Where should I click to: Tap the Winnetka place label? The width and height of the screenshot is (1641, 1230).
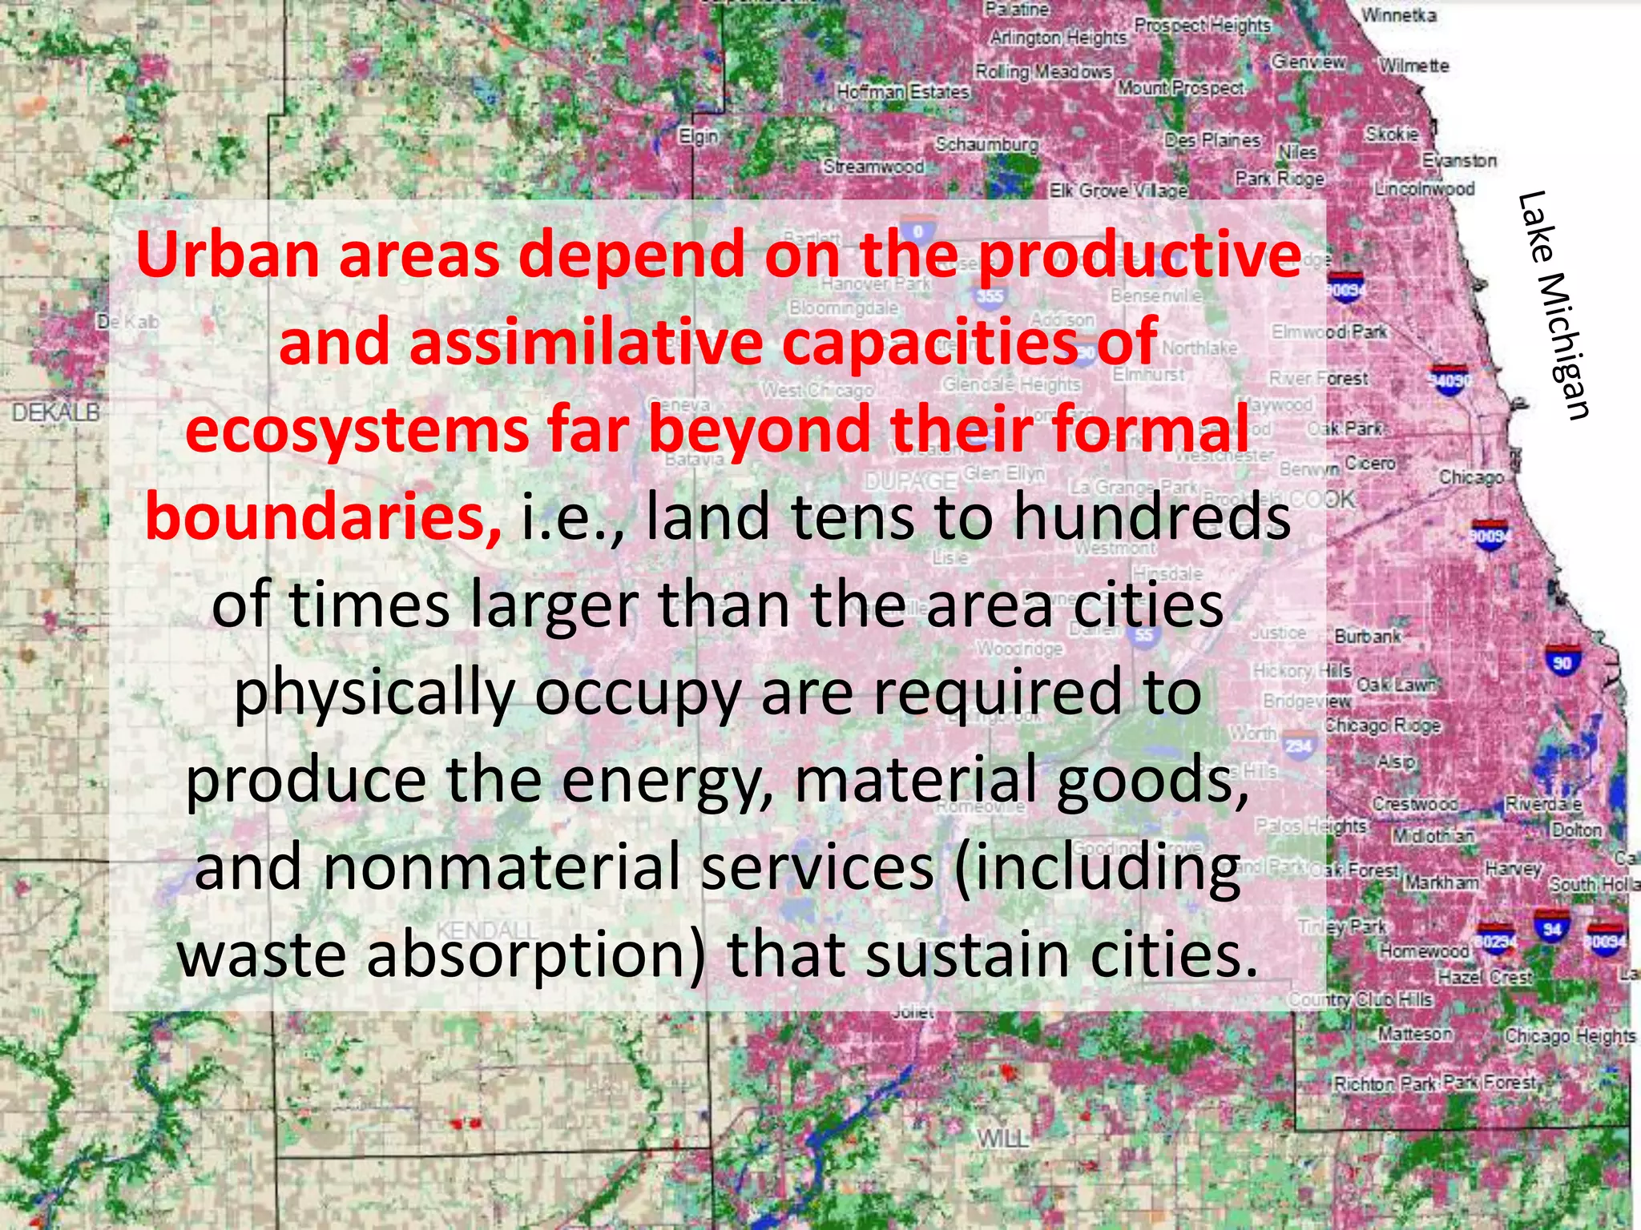coord(1398,15)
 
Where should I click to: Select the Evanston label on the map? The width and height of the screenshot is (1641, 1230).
coord(1459,161)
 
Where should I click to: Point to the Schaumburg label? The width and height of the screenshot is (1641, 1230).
coord(986,144)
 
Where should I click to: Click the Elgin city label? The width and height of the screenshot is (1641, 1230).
coord(699,135)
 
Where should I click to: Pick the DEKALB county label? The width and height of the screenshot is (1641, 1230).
coord(55,412)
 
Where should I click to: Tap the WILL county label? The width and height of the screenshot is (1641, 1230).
coord(1002,1138)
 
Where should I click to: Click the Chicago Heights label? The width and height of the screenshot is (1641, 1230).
coord(1570,1035)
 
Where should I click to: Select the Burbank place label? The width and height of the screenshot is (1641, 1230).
coord(1368,637)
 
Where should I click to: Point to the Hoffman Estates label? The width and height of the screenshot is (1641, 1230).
coord(903,92)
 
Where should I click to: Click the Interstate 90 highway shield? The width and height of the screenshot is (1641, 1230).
coord(1562,661)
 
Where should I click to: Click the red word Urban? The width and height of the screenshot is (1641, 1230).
coord(227,255)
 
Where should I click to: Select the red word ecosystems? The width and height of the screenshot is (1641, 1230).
coord(356,430)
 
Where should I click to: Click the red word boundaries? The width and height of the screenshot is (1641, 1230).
coord(323,517)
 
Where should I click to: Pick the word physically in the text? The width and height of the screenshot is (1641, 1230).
coord(373,693)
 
